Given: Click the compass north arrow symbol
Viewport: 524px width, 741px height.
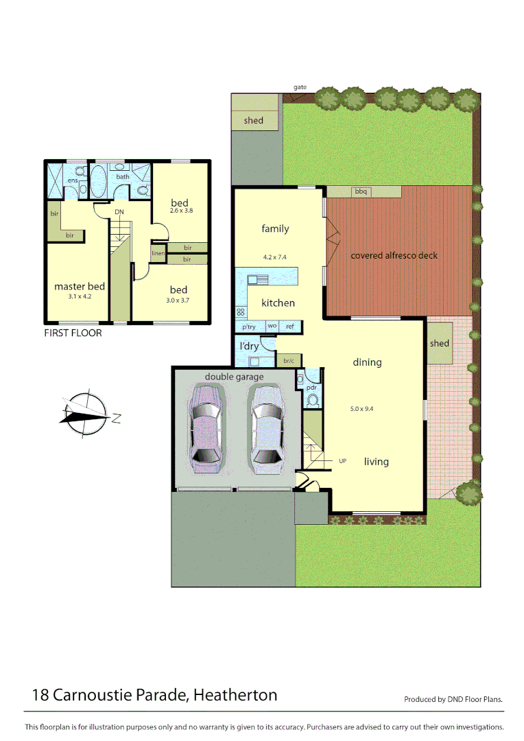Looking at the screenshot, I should pos(85,414).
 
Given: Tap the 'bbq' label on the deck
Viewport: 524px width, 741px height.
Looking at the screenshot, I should pos(361,192).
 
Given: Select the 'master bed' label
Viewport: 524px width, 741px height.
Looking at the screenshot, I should pos(80,286).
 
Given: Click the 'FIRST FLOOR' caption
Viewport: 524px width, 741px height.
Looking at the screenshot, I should pos(73,333).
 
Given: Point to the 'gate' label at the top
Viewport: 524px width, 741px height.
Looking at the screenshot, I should pos(300,87).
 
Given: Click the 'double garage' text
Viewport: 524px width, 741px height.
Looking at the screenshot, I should pos(234,377).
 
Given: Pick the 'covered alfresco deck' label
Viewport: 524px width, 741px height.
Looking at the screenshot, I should pos(394,256).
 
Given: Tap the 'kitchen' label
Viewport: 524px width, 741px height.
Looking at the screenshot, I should pos(278,303).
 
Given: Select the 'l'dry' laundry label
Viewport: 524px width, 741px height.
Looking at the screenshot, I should pos(249,346).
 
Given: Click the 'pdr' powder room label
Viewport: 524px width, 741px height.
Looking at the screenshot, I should pos(312,387).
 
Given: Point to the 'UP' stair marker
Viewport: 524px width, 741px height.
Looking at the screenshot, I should pos(343,461).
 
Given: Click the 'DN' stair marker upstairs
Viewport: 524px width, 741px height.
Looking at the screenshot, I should pos(119,212).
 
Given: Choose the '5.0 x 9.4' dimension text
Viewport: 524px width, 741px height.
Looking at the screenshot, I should pos(361,409).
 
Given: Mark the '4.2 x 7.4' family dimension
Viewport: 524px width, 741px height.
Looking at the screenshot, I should pos(274,257).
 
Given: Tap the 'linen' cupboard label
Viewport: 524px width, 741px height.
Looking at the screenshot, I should pos(158,254).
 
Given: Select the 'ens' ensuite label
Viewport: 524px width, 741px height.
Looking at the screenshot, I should pos(72,180).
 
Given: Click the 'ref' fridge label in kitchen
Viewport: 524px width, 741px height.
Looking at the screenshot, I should pos(290,327).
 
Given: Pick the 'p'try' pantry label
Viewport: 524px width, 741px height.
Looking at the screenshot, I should pos(249,327).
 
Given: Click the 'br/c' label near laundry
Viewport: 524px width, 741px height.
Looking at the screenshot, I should pos(288,360).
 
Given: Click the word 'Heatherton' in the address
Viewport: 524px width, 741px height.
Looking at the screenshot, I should pos(235,695).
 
